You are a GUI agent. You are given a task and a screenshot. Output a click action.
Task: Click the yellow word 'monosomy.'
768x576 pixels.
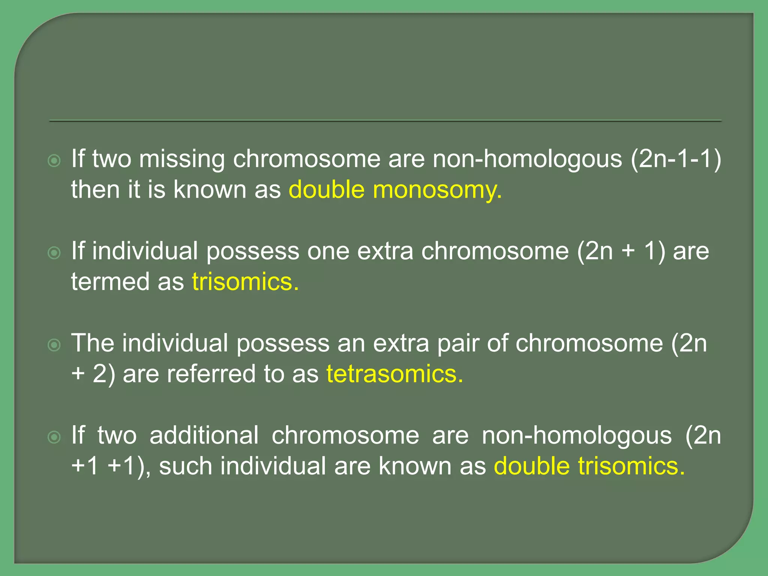[x=437, y=190]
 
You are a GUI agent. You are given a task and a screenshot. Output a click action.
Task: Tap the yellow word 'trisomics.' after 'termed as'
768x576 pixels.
[x=245, y=282]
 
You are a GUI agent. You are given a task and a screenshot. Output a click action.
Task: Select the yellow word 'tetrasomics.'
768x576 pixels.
[x=395, y=374]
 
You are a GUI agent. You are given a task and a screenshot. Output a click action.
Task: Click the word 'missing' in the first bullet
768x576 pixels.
[x=182, y=159]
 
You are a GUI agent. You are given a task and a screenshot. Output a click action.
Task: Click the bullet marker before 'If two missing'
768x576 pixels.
[x=54, y=161]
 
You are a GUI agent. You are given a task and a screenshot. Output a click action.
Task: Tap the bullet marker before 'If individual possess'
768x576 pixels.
[x=54, y=253]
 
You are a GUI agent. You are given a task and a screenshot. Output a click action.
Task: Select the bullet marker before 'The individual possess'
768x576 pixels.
[x=54, y=345]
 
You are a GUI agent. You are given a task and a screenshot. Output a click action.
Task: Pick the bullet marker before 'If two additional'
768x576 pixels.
[x=54, y=437]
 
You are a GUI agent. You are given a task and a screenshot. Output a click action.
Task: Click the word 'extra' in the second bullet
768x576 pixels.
[x=385, y=251]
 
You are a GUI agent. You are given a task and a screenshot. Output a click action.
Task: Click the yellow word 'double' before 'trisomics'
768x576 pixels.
[x=532, y=466]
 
